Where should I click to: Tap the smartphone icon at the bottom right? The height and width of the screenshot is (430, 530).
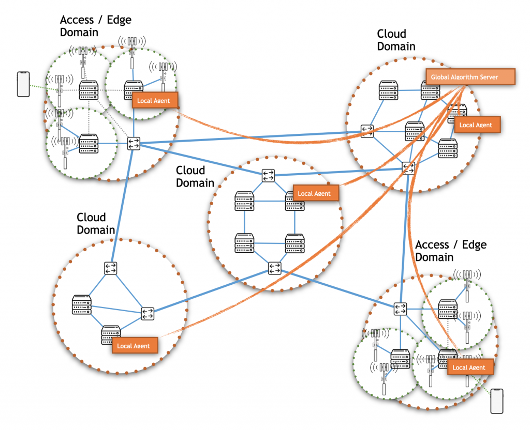(x=497, y=401)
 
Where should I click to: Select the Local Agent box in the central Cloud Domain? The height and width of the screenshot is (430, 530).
(x=315, y=193)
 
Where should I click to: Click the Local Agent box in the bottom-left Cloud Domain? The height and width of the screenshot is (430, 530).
(x=134, y=346)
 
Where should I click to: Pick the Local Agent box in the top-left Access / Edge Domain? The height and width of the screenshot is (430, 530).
(x=155, y=100)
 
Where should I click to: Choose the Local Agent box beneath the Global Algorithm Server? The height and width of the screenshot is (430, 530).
(x=477, y=125)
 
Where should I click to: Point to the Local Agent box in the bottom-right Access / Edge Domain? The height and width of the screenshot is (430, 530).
(x=469, y=367)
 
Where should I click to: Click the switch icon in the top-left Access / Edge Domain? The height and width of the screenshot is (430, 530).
(x=134, y=144)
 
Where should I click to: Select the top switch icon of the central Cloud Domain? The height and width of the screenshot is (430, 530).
(x=268, y=175)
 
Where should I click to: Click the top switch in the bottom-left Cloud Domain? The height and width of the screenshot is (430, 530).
(x=111, y=268)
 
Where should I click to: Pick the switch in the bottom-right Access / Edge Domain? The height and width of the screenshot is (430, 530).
(x=400, y=309)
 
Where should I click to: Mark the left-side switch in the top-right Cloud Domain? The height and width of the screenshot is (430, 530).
(x=367, y=131)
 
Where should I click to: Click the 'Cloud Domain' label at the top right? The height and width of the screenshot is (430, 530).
(x=396, y=40)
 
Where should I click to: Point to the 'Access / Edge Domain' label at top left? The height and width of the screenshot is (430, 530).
(x=95, y=26)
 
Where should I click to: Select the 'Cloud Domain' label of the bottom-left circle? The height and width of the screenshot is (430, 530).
(x=96, y=223)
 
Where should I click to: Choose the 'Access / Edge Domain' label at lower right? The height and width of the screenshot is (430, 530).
(x=450, y=251)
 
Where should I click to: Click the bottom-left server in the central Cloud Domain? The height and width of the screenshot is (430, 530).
(x=244, y=243)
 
